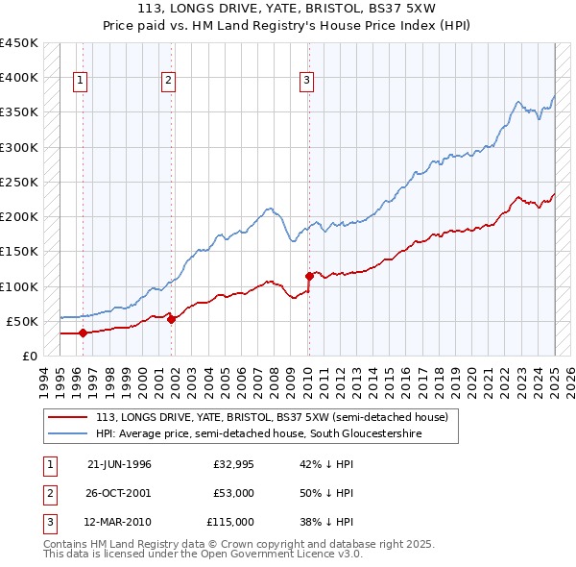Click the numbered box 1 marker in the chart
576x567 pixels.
pyautogui.click(x=80, y=81)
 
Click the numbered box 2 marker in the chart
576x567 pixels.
pyautogui.click(x=168, y=81)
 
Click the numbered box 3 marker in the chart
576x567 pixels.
pyautogui.click(x=306, y=81)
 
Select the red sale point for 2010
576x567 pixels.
pyautogui.click(x=308, y=276)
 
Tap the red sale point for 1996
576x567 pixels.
pyautogui.click(x=83, y=333)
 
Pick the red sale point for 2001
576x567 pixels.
pyautogui.click(x=171, y=319)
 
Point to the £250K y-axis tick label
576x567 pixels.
pyautogui.click(x=18, y=182)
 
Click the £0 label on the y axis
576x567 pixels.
pyautogui.click(x=29, y=356)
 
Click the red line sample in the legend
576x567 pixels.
pyautogui.click(x=68, y=418)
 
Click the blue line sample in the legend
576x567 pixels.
pyautogui.click(x=68, y=434)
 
